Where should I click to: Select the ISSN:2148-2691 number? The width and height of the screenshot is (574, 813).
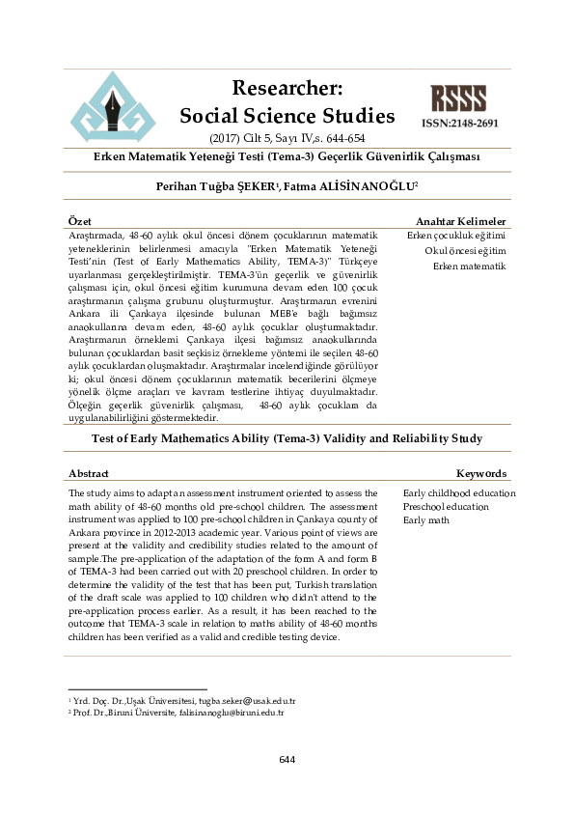[x=459, y=125]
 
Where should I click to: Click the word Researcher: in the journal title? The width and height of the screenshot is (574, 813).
[x=287, y=89]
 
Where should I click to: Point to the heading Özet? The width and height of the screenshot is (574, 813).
[x=80, y=222]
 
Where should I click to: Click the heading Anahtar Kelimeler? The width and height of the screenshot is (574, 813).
[x=460, y=222]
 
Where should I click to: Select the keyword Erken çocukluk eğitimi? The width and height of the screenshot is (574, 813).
[x=456, y=236]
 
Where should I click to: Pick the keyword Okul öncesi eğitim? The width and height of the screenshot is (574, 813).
[x=465, y=251]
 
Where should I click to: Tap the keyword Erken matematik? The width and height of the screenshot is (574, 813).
[x=470, y=266]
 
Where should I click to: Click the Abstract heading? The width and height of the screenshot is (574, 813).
[x=89, y=474]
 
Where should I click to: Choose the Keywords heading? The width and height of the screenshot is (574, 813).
[x=480, y=474]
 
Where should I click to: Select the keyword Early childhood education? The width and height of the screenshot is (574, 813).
[x=459, y=493]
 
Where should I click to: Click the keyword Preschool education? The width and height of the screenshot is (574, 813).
[x=446, y=507]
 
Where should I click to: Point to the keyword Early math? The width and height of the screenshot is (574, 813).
[x=426, y=520]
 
